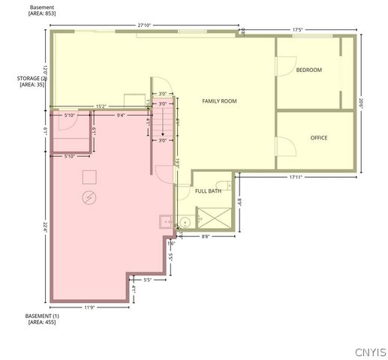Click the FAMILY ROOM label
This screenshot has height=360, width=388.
[x=219, y=100]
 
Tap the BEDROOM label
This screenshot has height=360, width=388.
[x=308, y=70]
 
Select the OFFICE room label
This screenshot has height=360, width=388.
[x=319, y=137]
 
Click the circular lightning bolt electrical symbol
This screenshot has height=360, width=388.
[x=89, y=198]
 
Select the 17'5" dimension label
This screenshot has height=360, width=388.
[x=297, y=31]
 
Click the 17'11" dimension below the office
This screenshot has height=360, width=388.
[x=299, y=178]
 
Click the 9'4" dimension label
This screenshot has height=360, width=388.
[x=122, y=115]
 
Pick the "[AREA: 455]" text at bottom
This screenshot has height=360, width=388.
[x=42, y=322]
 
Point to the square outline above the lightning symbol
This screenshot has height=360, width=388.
[x=89, y=176]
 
